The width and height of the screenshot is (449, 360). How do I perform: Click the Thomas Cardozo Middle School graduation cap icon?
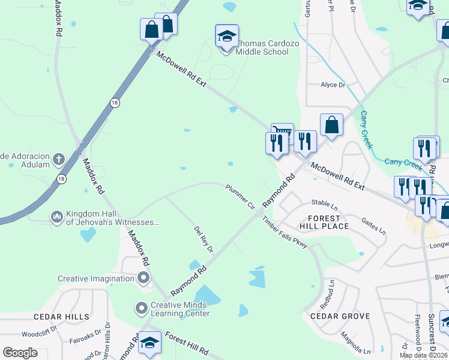tap(227, 36)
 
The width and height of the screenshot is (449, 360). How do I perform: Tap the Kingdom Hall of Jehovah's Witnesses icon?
tap(57, 216)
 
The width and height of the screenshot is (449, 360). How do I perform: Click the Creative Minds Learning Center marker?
tap(141, 308)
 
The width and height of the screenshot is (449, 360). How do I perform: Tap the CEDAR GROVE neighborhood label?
tap(340, 316)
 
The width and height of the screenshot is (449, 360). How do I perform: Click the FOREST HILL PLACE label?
tap(328, 222)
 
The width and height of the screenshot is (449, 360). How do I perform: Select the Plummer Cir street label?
tap(241, 197)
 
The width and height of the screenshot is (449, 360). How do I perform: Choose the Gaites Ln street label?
tap(373, 226)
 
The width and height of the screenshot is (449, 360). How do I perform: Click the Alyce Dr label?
tap(333, 85)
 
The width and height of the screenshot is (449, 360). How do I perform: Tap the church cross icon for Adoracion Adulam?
tap(58, 159)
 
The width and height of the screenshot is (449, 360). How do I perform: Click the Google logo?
tap(20, 353)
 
